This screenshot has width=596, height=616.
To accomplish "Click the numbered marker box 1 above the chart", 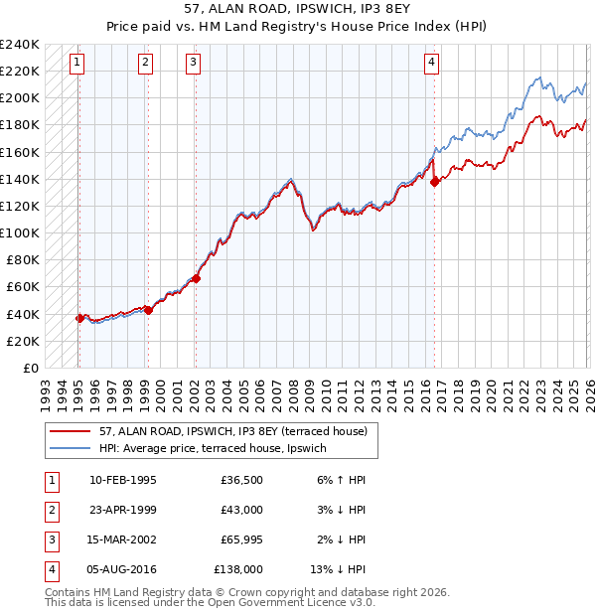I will [77, 63].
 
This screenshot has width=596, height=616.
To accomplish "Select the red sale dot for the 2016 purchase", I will [434, 181].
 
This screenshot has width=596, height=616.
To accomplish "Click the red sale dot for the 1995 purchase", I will [78, 318].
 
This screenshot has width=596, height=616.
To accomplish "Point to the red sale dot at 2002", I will [196, 278].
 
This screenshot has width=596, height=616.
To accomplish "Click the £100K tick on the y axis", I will [20, 232].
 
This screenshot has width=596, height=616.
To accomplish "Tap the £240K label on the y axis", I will [20, 44].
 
